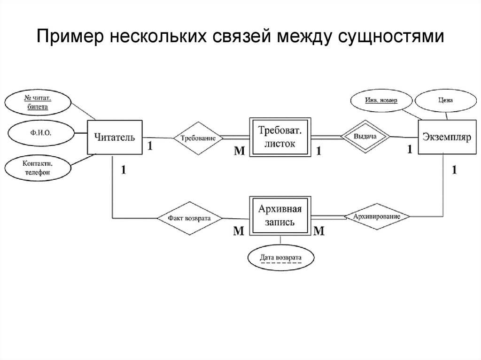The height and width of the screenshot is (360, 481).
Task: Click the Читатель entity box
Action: pyautogui.click(x=115, y=138)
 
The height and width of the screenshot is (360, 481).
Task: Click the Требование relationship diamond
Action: pyautogui.click(x=197, y=138)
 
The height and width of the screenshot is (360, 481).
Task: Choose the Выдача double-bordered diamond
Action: pyautogui.click(x=366, y=137)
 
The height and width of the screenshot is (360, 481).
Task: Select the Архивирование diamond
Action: pyautogui.click(x=378, y=217)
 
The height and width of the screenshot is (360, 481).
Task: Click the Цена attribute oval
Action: pyautogui.click(x=446, y=100)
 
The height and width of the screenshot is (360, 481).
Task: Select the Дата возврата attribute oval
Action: pyautogui.click(x=280, y=257)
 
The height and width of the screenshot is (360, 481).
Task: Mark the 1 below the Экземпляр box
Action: pyautogui.click(x=454, y=170)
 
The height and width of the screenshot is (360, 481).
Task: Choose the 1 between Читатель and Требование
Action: pyautogui.click(x=150, y=146)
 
